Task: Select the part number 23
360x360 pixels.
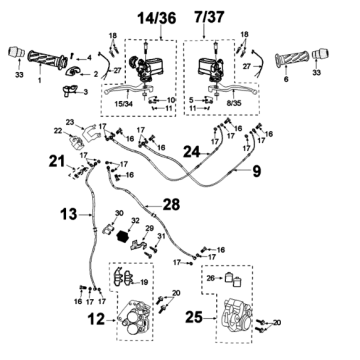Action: (x=71, y=122)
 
